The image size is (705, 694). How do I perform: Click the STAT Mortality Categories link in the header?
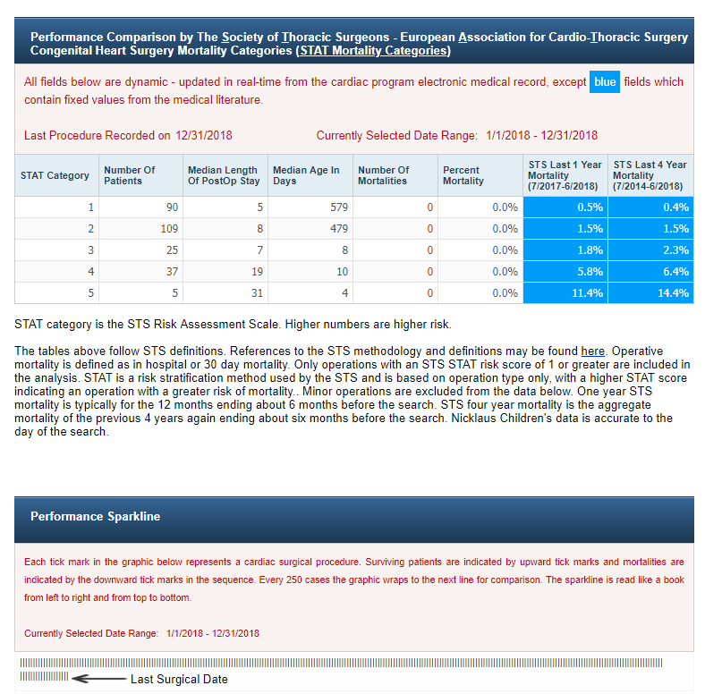click(x=372, y=51)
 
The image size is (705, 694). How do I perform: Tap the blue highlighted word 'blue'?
click(x=605, y=82)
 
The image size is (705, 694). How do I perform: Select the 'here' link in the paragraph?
click(x=592, y=351)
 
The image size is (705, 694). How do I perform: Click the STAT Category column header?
click(x=55, y=175)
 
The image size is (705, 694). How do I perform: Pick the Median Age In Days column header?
click(x=306, y=175)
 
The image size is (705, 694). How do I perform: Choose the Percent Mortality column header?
click(x=461, y=175)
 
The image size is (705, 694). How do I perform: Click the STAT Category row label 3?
click(x=90, y=250)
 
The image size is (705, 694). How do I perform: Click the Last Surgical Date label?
click(x=179, y=680)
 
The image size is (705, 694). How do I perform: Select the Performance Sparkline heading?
click(x=95, y=517)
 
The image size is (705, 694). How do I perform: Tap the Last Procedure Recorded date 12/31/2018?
click(x=204, y=136)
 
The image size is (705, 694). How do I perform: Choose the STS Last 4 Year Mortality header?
click(x=650, y=175)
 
